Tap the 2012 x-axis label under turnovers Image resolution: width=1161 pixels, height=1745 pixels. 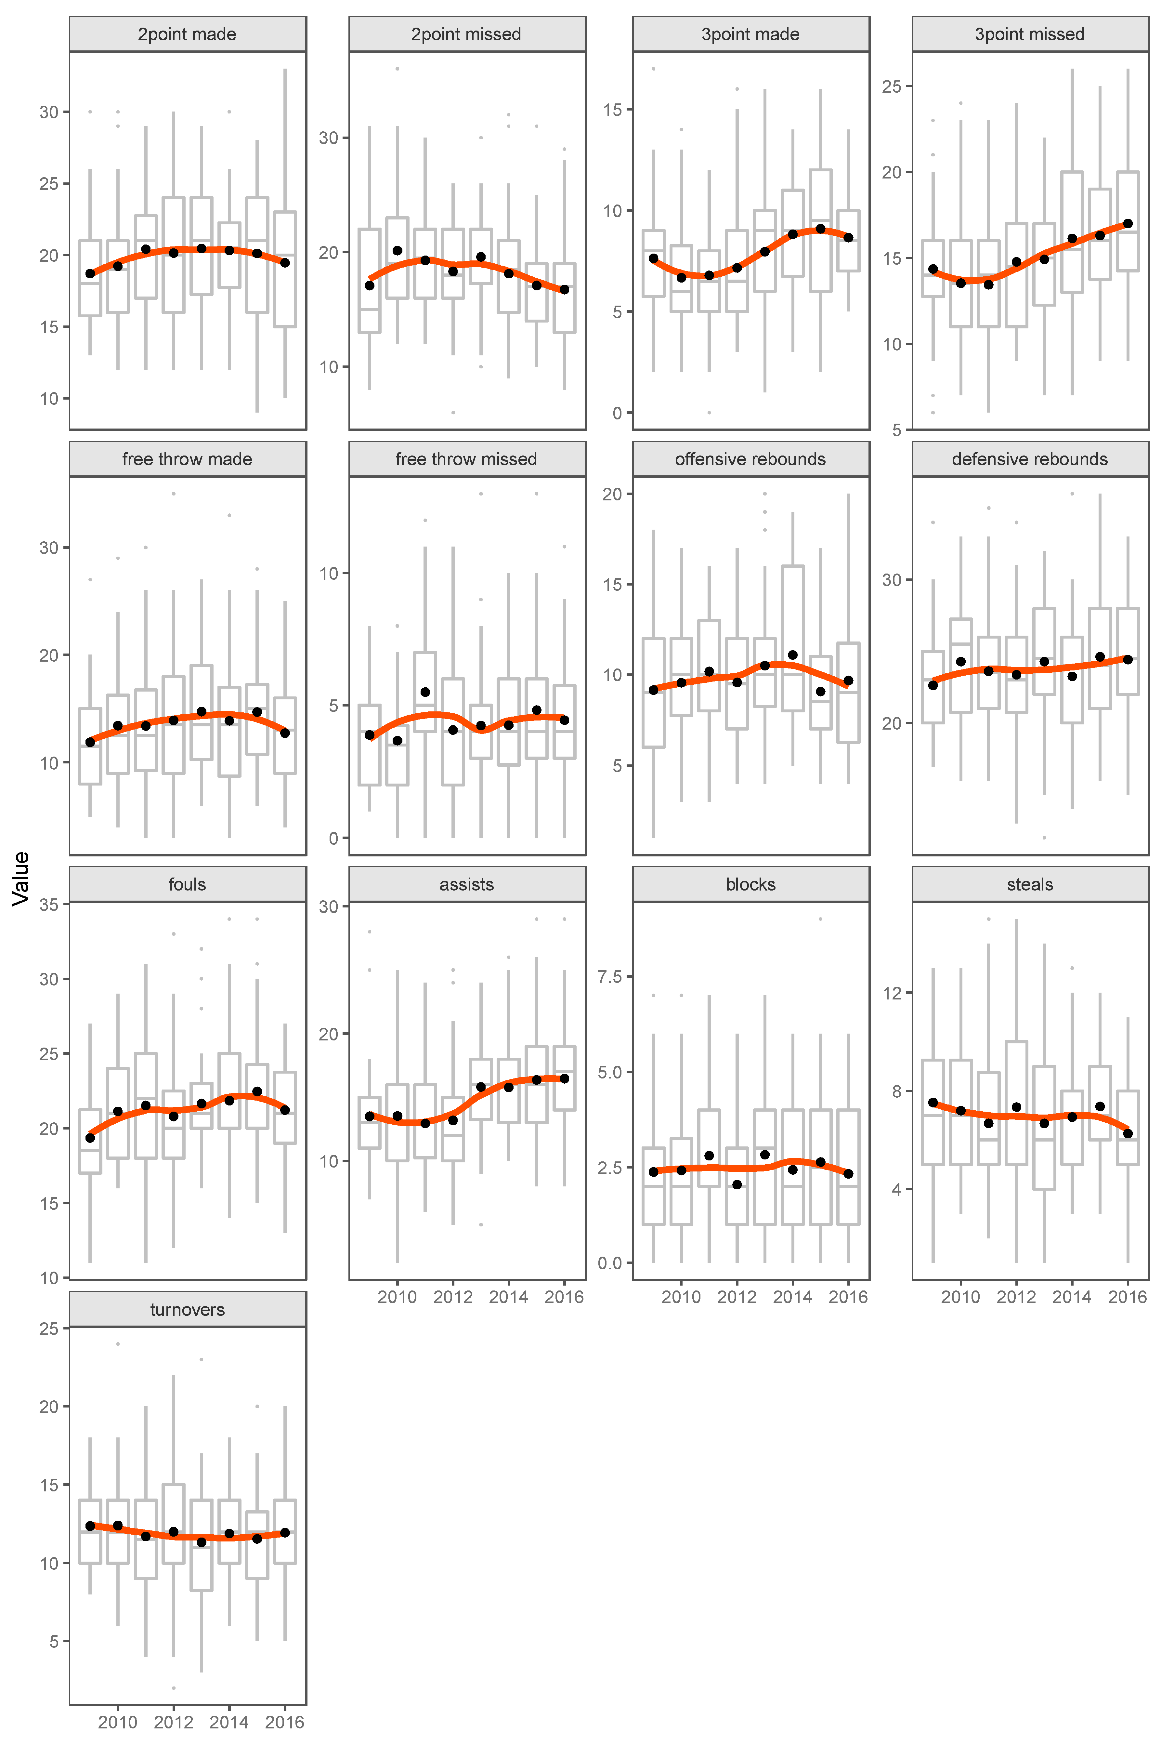click(x=173, y=1722)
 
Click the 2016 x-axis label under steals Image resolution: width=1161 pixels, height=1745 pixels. click(x=1127, y=1297)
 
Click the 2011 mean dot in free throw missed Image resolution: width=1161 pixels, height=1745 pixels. click(x=425, y=692)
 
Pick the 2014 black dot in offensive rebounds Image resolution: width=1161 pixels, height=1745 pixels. click(x=792, y=655)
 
